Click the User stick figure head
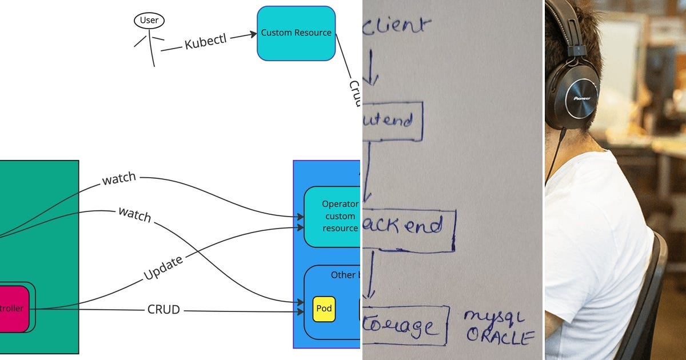pyautogui.click(x=149, y=21)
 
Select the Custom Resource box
pyautogui.click(x=296, y=33)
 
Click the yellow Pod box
pyautogui.click(x=324, y=309)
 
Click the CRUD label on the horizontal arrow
pyautogui.click(x=163, y=310)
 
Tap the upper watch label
pyautogui.click(x=119, y=179)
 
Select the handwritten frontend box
pyautogui.click(x=393, y=121)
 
